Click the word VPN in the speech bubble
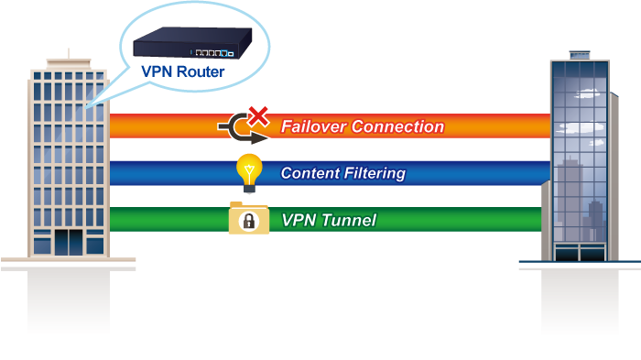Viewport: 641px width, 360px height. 158,71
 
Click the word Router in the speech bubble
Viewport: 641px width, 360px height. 201,71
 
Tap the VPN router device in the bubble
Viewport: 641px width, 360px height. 192,42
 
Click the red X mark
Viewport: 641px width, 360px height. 258,116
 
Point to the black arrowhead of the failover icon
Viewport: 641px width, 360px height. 259,138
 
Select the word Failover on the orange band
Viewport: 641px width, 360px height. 313,126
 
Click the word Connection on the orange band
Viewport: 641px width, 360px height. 397,126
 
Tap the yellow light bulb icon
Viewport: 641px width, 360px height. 249,173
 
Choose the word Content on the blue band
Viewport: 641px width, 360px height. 310,173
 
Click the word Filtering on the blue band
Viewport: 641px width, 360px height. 375,173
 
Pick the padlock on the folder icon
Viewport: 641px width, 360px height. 249,221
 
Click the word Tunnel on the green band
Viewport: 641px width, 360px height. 348,220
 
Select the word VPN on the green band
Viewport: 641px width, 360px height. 299,220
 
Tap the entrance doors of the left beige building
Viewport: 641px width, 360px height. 69,243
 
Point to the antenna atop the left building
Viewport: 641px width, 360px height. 69,54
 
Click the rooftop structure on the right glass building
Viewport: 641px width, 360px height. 580,55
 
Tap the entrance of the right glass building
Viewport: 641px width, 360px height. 580,252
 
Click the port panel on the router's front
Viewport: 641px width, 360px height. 212,53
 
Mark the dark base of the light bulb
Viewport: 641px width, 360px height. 249,189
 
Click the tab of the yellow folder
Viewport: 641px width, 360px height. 236,203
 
